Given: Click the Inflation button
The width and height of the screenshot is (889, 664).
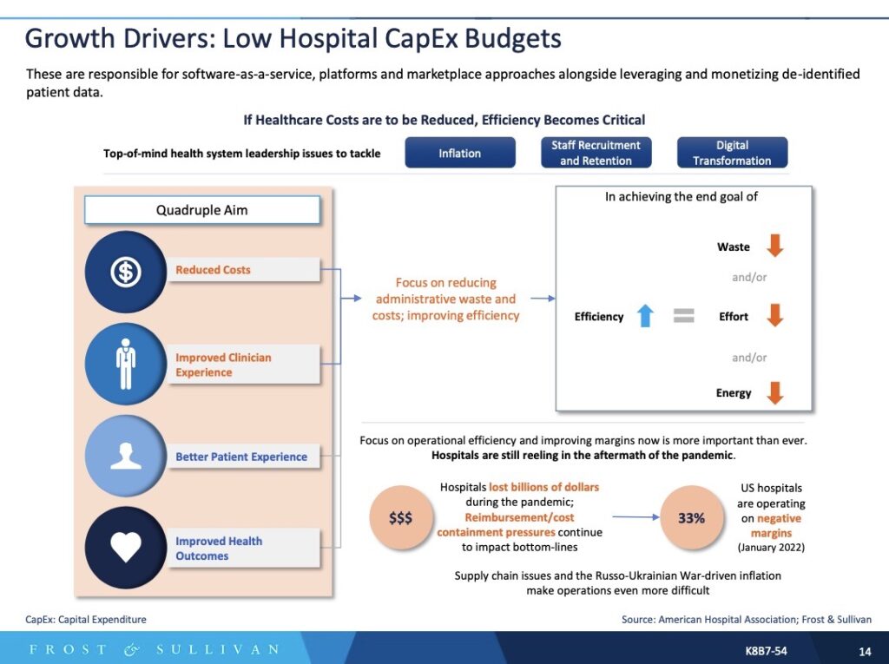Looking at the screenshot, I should (459, 153).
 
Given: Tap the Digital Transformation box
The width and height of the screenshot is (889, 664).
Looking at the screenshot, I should (732, 153).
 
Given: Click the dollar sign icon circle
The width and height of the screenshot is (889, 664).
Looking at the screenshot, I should (126, 272).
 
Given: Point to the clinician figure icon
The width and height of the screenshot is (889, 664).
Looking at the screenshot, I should (126, 365).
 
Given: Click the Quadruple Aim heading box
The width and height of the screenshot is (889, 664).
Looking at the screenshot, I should (201, 210).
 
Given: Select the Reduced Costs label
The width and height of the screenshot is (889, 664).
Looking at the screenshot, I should (213, 270).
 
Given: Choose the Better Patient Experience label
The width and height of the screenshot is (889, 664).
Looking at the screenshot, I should (241, 457).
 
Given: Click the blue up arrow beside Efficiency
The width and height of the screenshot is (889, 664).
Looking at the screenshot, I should (644, 317).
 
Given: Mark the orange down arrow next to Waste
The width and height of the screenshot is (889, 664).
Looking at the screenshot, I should (774, 247).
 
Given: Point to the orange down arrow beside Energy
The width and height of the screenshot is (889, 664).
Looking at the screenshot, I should (774, 393).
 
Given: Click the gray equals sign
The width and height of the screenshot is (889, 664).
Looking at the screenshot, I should (684, 317).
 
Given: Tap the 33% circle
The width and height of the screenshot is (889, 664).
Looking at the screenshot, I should (691, 518).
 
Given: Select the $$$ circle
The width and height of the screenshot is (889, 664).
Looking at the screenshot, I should (400, 518).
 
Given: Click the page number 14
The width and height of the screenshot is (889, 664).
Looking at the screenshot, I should (865, 650).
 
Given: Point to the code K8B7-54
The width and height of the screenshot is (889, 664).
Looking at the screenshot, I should (766, 650).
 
